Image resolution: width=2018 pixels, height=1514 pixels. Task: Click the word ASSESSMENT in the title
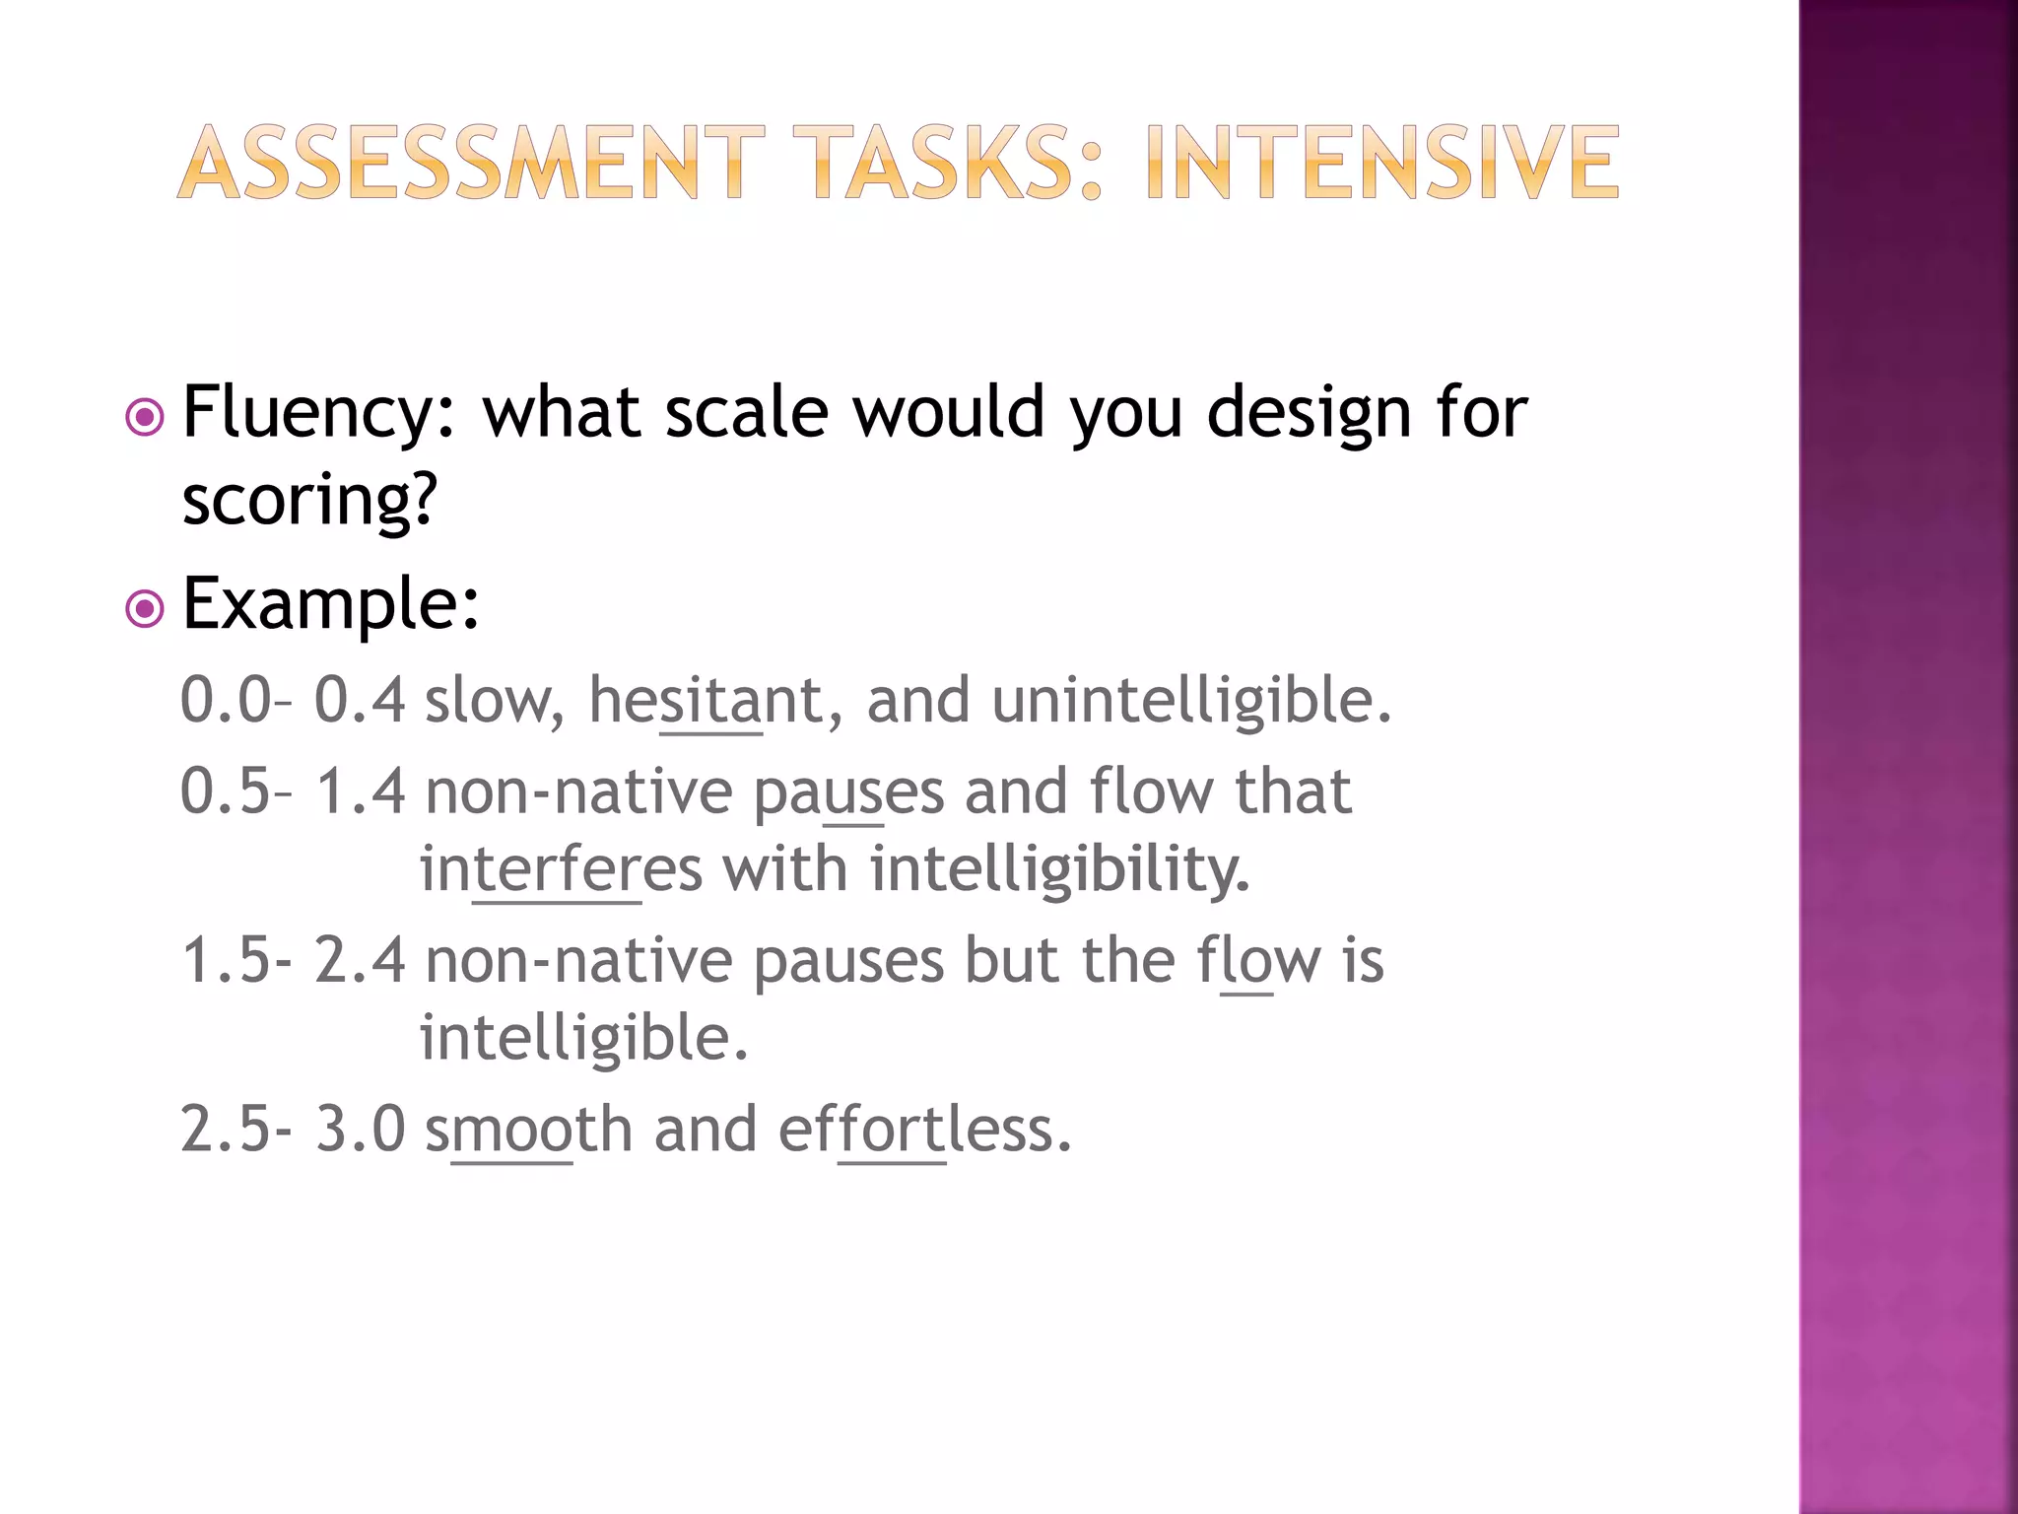click(x=471, y=163)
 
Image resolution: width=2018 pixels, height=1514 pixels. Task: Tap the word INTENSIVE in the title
click(x=1381, y=163)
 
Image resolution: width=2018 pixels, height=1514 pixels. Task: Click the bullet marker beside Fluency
click(x=145, y=417)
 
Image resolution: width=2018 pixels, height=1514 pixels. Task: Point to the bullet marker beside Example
click(x=145, y=608)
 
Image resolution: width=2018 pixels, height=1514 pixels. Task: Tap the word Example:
click(x=331, y=603)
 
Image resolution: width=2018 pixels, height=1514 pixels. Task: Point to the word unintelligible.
click(x=1191, y=701)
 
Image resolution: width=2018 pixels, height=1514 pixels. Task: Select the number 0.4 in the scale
click(x=360, y=701)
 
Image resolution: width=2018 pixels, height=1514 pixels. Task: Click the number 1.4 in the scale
click(x=360, y=791)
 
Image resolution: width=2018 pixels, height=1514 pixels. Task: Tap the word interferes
click(x=561, y=870)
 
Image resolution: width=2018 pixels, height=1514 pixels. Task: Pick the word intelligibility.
click(x=1059, y=870)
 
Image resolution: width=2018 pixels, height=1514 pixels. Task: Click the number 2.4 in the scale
click(x=360, y=961)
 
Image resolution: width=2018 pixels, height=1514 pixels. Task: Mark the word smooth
click(x=528, y=1130)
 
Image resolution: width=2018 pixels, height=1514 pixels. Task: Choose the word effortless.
click(x=924, y=1130)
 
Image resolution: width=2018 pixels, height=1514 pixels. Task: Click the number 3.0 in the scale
click(x=360, y=1130)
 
